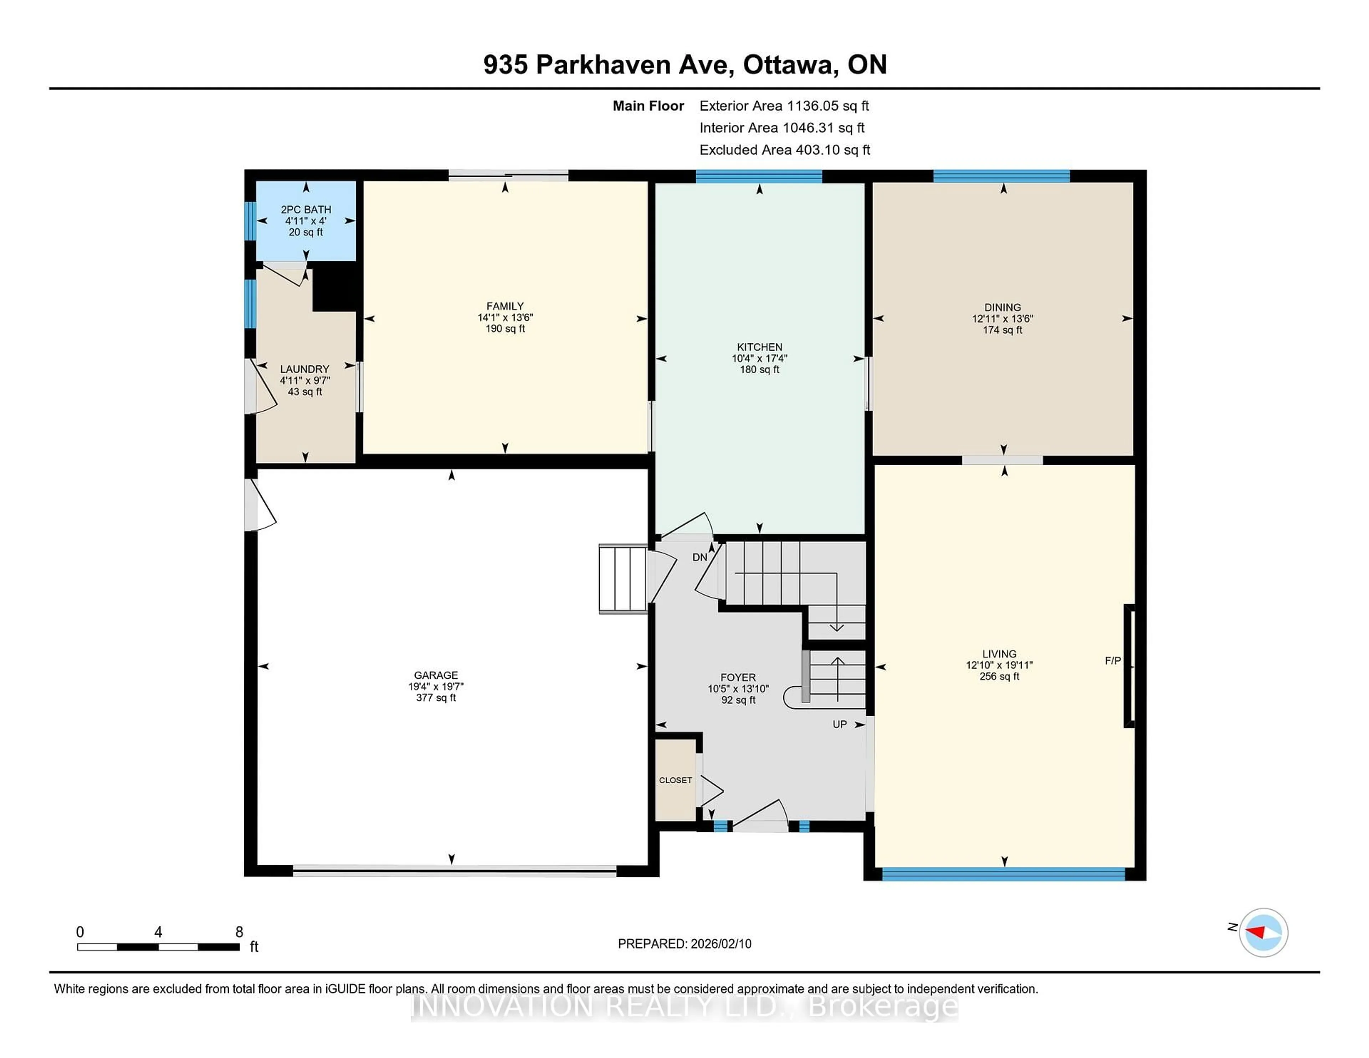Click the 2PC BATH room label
306,209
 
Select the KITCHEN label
759,346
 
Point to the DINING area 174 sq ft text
1002,330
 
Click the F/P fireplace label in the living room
1113,661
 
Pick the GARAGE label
436,675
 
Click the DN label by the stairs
699,557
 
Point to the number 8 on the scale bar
239,932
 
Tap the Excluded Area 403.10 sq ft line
784,150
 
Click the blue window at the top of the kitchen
758,176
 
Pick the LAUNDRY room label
305,369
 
